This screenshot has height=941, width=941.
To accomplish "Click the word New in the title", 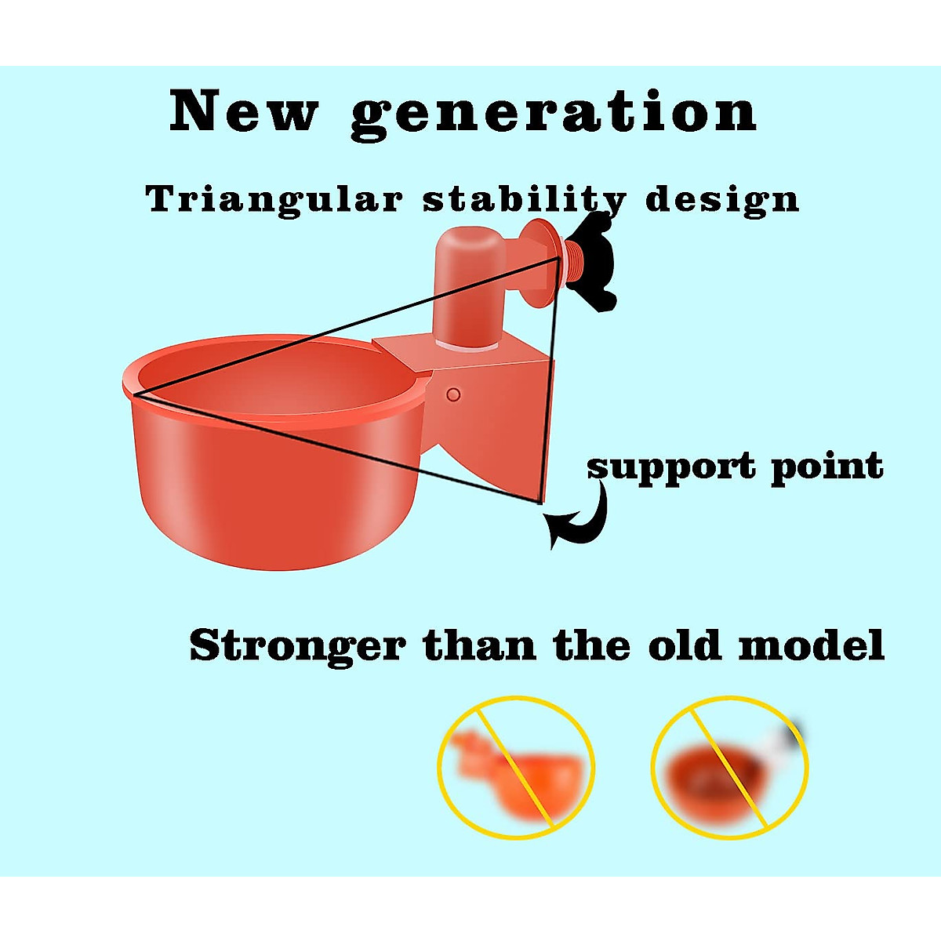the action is pos(244,111).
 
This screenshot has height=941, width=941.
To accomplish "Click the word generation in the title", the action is pos(554,117).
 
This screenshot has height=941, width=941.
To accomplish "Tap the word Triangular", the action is pos(274,200).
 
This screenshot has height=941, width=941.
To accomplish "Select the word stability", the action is pos(525,200).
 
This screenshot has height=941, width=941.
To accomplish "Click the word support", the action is pos(671,469).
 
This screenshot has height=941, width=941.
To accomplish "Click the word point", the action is pos(827,468).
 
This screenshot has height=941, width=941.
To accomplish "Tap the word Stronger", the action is pos(297,648).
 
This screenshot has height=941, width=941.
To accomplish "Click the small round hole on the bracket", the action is pos(453,394).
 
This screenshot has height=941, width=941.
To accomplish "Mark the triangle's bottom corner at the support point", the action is pos(540,502).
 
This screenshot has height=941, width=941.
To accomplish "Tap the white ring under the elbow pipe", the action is pos(468,346).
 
